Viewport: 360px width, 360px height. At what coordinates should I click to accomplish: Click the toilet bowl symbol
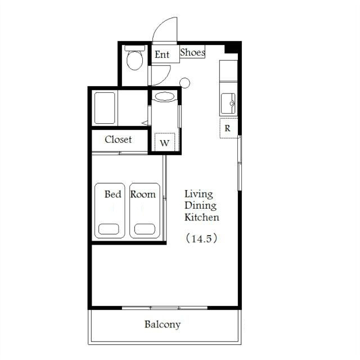[135, 60]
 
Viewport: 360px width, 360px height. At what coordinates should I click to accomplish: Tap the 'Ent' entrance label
[162, 55]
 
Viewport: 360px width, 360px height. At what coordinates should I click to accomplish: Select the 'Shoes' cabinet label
[192, 52]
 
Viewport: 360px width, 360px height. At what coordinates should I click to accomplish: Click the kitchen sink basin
[228, 103]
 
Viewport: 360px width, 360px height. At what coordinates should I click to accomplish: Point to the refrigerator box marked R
[228, 128]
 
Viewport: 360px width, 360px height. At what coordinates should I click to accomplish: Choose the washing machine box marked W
[165, 142]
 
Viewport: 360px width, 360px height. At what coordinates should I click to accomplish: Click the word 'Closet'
[118, 139]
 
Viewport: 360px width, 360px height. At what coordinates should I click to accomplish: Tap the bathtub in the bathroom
[105, 108]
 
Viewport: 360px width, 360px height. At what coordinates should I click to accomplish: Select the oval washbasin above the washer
[164, 96]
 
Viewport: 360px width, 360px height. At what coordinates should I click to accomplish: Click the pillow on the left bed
[109, 229]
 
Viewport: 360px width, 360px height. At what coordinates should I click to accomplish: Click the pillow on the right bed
[145, 229]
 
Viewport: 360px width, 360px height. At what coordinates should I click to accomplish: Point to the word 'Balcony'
[163, 325]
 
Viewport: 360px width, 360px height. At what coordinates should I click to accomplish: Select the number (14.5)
[201, 238]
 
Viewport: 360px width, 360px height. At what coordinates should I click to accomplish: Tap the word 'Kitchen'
[202, 217]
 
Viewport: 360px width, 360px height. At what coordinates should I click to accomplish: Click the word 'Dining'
[200, 205]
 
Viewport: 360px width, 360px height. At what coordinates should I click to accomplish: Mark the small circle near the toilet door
[184, 83]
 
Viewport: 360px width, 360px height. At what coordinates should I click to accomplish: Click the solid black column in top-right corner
[232, 48]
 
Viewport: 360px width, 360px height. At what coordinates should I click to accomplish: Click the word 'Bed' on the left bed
[112, 194]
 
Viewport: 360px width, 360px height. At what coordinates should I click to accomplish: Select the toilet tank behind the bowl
[135, 48]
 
